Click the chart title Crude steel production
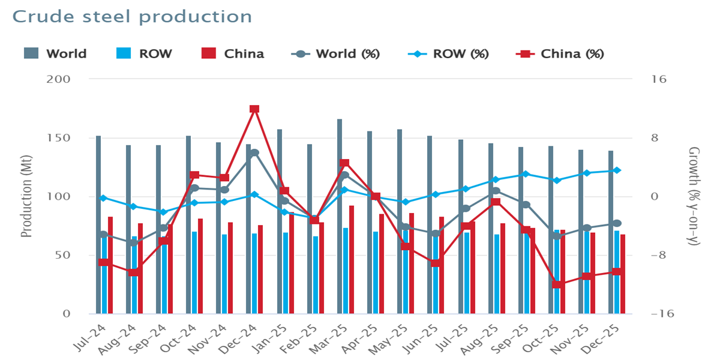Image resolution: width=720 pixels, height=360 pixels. coord(132,16)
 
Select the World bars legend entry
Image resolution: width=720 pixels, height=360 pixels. coord(56,54)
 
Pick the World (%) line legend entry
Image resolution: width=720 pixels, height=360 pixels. coord(335,54)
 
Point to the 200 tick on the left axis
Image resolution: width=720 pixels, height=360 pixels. coord(58,79)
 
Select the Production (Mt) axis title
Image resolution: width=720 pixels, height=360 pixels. coord(26,197)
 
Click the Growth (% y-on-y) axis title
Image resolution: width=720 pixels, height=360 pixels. coord(694,197)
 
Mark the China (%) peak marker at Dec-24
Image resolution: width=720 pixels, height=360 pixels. coord(254,109)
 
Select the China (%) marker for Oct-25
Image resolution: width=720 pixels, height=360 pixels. coord(556,284)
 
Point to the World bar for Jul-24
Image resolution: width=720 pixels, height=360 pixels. coord(98,224)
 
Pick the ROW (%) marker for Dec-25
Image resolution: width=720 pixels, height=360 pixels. coord(617,170)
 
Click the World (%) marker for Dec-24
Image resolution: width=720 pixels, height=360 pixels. coord(254,152)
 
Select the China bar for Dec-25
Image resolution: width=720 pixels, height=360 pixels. coord(623,274)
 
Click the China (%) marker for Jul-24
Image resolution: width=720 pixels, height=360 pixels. coord(104,262)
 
